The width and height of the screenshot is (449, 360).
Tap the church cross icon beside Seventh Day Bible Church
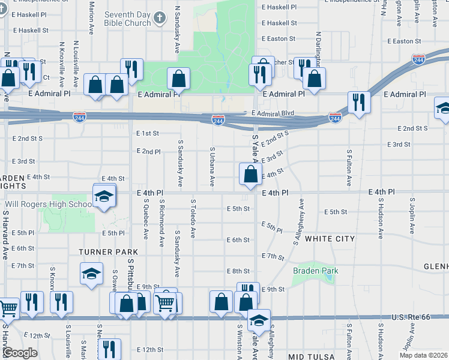click(158, 18)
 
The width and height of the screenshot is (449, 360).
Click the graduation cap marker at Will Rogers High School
click(104, 197)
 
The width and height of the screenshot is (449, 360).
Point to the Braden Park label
click(315, 271)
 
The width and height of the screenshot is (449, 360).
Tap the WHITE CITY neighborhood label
click(330, 239)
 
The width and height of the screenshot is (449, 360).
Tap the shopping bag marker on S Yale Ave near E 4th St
click(250, 174)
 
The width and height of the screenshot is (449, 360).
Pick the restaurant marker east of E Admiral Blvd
click(359, 102)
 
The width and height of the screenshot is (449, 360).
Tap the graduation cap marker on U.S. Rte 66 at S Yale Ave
click(259, 320)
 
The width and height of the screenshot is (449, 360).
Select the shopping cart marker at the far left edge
click(8, 309)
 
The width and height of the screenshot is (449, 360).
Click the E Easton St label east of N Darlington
click(404, 41)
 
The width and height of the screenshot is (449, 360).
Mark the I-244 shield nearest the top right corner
click(418, 59)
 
